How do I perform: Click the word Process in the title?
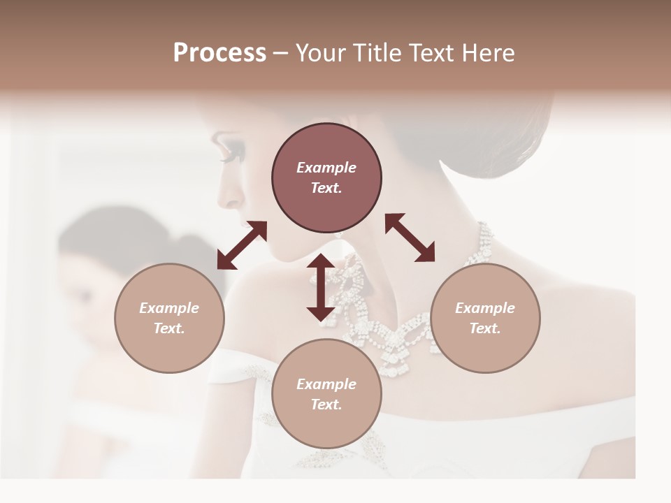pyautogui.click(x=219, y=53)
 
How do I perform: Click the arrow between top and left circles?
pyautogui.click(x=242, y=245)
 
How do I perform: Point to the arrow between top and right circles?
pyautogui.click(x=410, y=238)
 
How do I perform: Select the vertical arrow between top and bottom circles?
pyautogui.click(x=321, y=287)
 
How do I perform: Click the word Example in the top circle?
pyautogui.click(x=326, y=168)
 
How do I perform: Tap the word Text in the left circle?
pyautogui.click(x=169, y=328)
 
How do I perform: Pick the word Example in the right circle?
pyautogui.click(x=485, y=308)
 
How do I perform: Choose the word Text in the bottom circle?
pyautogui.click(x=326, y=404)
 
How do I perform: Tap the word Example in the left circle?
pyautogui.click(x=169, y=308)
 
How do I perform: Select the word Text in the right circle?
pyautogui.click(x=485, y=328)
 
